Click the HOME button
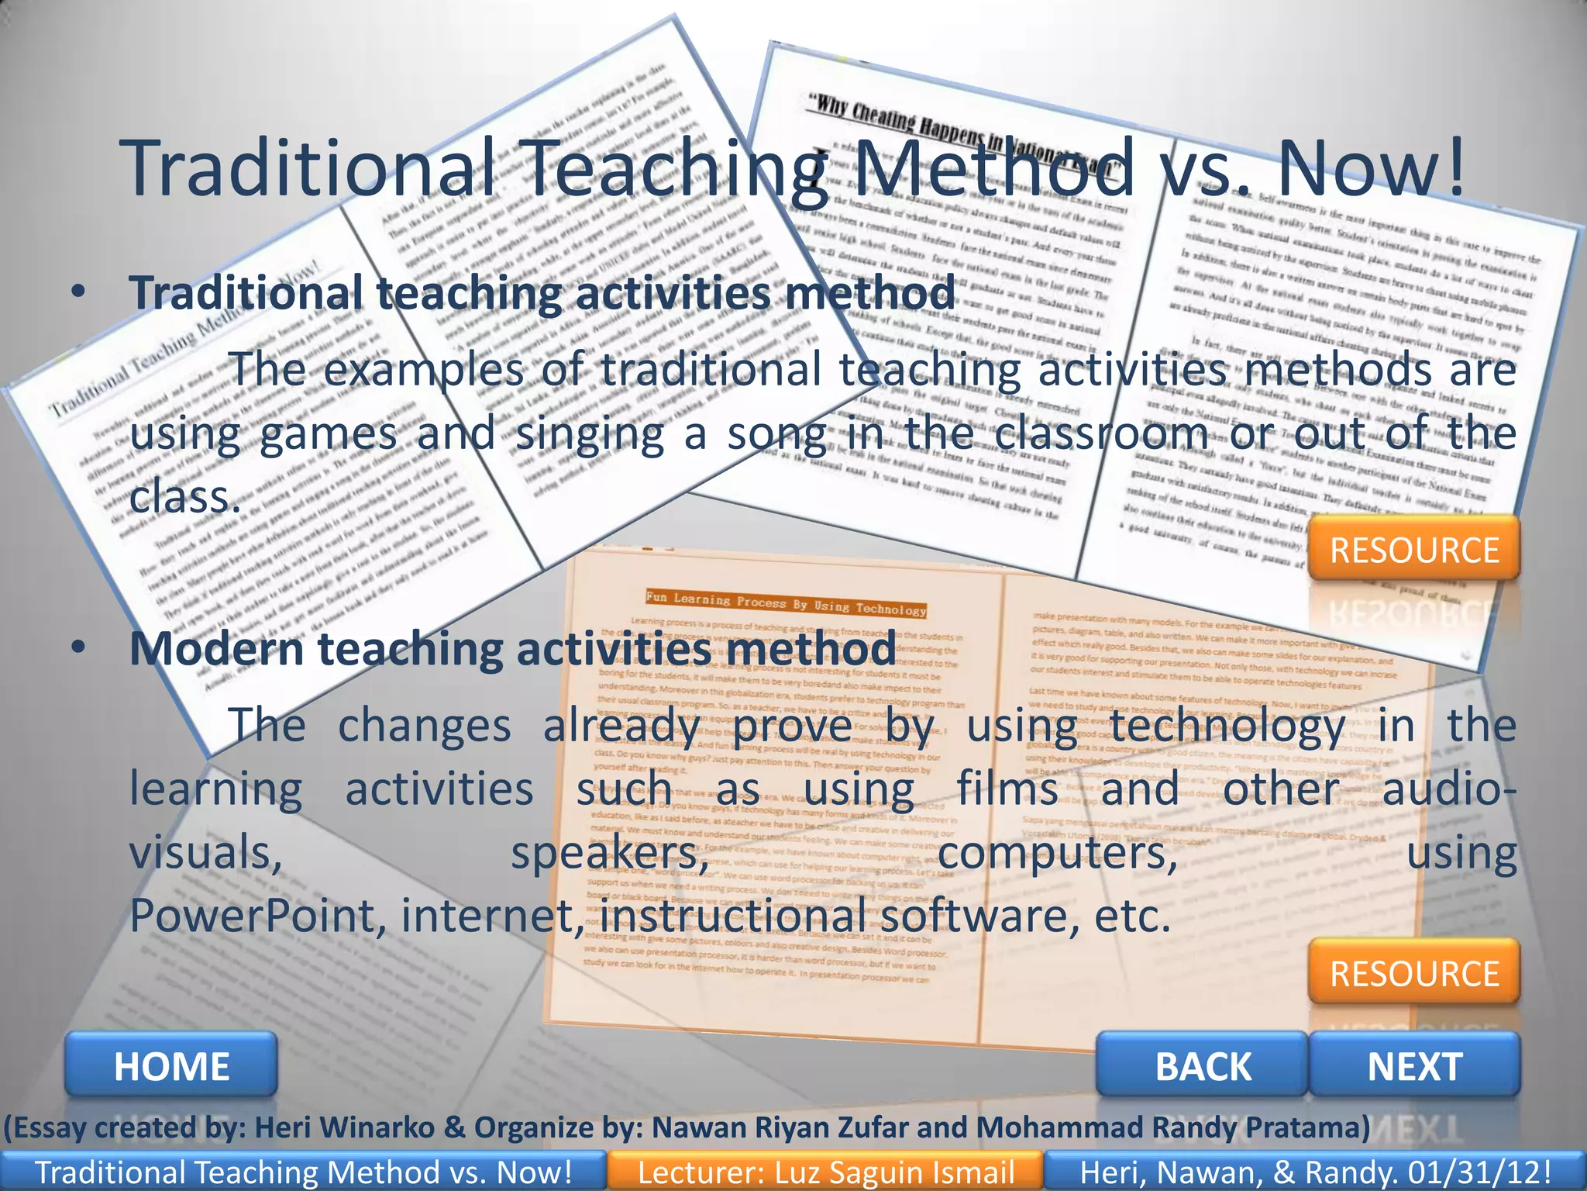pos(171,1066)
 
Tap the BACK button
pos(1203,1066)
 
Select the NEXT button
pos(1415,1066)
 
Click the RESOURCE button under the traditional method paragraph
pos(1415,550)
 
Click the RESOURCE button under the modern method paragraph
pos(1415,973)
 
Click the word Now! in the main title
pos(1370,168)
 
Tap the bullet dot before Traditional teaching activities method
pos(77,292)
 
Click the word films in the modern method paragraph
pos(1007,789)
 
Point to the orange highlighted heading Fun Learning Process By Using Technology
pos(786,603)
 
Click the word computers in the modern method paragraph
pos(1057,853)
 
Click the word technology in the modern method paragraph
pos(1227,726)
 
